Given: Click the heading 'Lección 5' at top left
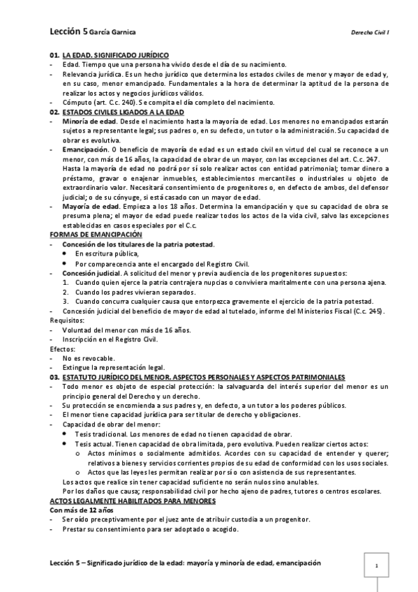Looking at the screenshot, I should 68,31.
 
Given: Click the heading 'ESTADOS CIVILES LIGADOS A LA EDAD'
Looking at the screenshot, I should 123,112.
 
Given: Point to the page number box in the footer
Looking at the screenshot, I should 376,565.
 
